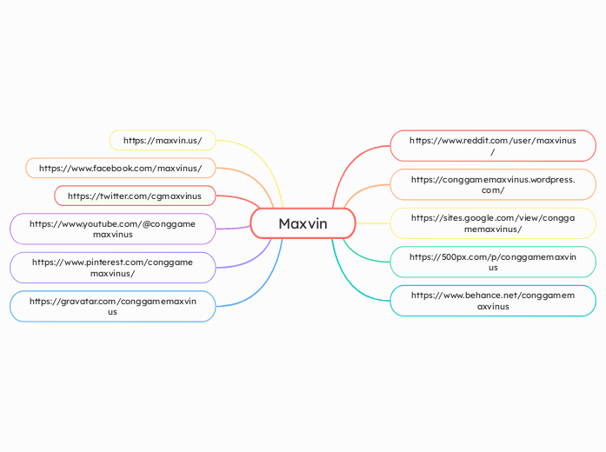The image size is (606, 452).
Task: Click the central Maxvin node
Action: tap(303, 223)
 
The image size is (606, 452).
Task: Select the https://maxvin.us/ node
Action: tap(163, 140)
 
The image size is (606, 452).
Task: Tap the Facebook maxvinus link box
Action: tap(121, 168)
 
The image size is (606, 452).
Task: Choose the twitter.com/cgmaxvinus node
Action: tap(135, 196)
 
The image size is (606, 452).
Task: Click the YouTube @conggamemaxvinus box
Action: tap(113, 229)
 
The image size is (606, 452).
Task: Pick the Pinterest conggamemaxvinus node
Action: tap(113, 267)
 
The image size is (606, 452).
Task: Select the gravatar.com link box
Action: tap(113, 306)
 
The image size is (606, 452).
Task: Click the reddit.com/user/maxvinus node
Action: tap(493, 145)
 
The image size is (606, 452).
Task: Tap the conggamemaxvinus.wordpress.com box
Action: tap(493, 184)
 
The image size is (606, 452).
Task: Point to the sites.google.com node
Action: tap(493, 223)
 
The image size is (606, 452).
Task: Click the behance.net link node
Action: tap(493, 301)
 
